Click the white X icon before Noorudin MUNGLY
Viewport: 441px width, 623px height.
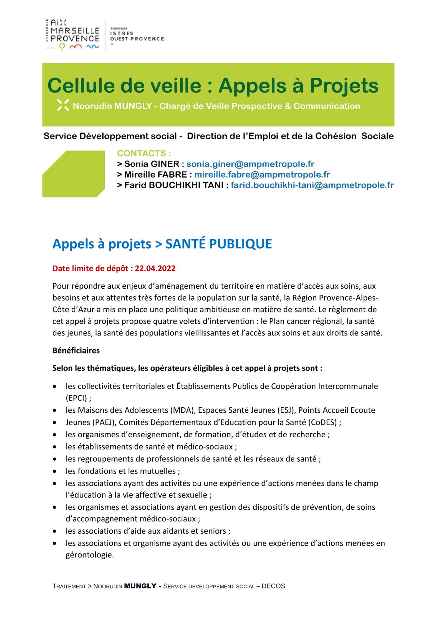63,105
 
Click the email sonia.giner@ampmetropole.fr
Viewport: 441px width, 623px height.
250,164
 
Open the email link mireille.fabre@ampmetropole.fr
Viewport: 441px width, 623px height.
262,174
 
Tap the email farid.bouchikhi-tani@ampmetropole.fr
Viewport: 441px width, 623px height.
312,185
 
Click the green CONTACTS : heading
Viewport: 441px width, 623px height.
144,153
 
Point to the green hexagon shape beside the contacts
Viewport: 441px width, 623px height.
74,174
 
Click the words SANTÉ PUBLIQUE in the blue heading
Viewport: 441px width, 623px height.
218,244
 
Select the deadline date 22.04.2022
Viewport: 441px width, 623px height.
155,268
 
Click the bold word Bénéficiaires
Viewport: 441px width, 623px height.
76,350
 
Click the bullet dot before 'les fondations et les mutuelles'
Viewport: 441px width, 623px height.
55,471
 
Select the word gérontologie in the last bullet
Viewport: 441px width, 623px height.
89,555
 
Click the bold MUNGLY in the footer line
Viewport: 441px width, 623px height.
140,586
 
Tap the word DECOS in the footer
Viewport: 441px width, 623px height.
273,586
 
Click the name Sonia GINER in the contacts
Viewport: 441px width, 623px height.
152,164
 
